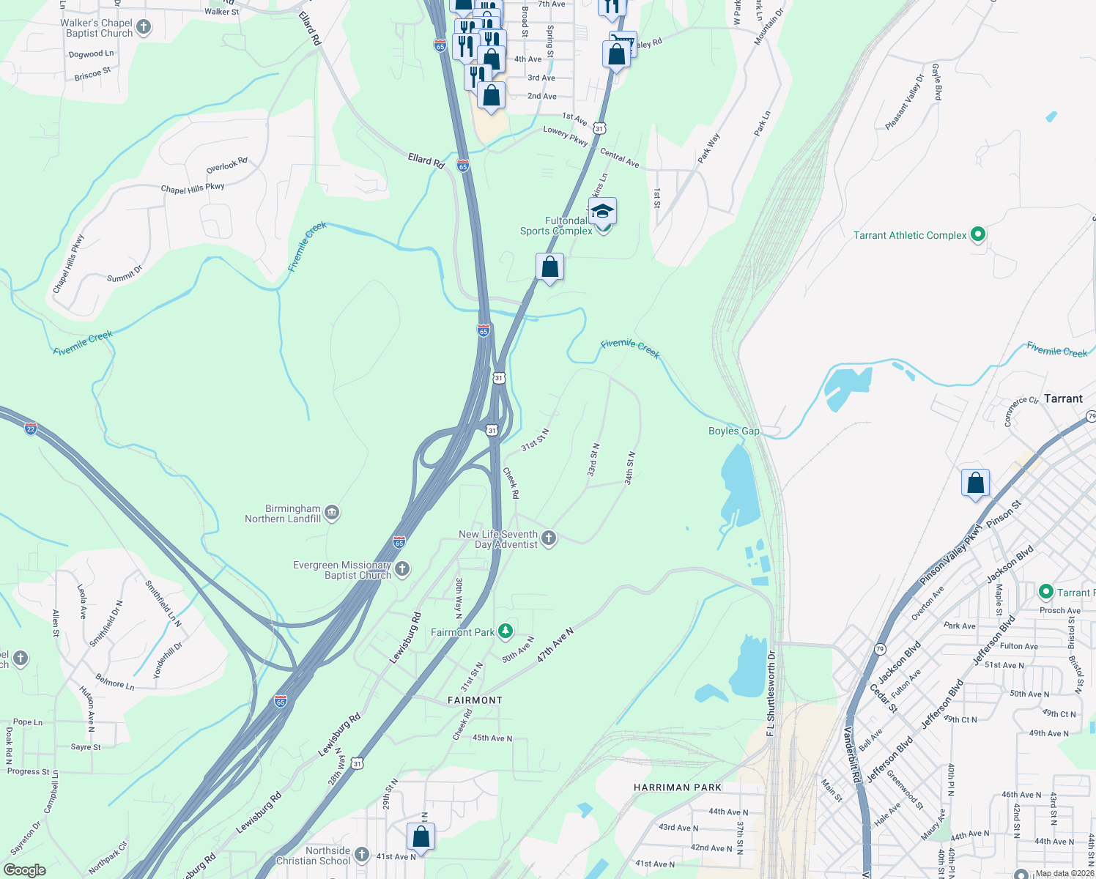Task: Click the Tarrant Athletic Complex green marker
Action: tap(977, 235)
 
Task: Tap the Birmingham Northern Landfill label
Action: tap(283, 513)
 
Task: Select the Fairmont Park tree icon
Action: tap(505, 631)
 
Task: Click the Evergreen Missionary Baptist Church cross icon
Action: tap(401, 568)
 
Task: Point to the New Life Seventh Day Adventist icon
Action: tap(548, 538)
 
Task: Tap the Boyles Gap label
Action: tap(733, 431)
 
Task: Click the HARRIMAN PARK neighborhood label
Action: tap(678, 787)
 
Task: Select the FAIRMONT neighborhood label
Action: tap(475, 700)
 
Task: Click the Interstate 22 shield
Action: tap(31, 427)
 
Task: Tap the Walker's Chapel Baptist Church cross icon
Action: tap(144, 28)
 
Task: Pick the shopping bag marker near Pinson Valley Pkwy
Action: tap(975, 483)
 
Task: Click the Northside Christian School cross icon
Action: tap(361, 854)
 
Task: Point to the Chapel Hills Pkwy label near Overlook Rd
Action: tap(193, 188)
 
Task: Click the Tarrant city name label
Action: tap(1063, 398)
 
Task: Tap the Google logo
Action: tap(24, 870)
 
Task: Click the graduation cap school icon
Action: tap(602, 212)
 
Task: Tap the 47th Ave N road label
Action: tap(555, 645)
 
